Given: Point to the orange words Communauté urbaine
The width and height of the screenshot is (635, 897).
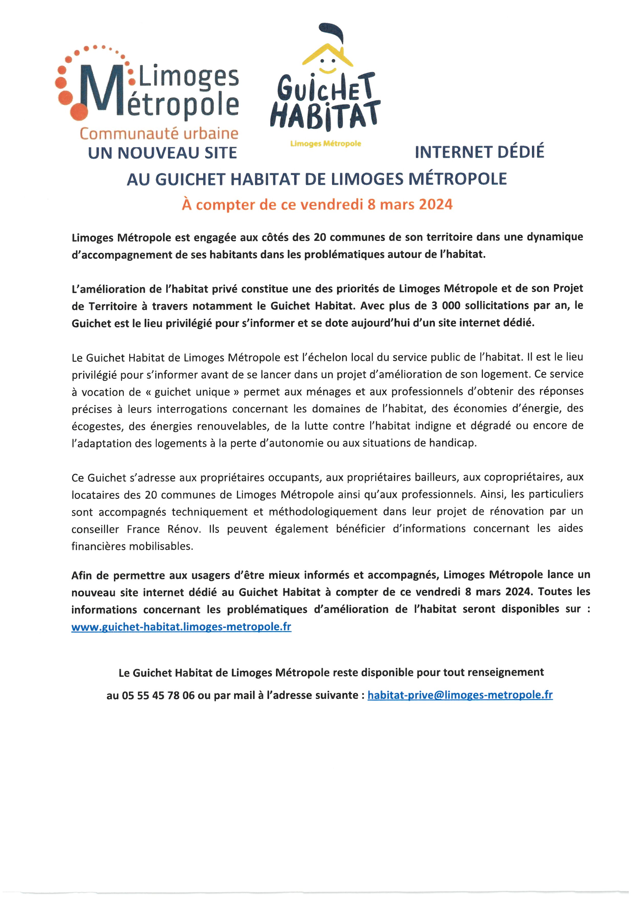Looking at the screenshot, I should [159, 134].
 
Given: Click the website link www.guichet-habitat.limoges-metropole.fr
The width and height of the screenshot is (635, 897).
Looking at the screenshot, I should [181, 627].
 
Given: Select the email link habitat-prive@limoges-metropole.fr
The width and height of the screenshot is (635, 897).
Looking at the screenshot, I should [460, 695].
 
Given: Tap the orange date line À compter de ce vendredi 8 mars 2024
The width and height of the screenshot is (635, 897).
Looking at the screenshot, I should [317, 204].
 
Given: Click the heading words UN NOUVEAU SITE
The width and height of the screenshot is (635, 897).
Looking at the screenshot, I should [162, 153].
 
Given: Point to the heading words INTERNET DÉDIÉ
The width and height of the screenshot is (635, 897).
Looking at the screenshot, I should [479, 152].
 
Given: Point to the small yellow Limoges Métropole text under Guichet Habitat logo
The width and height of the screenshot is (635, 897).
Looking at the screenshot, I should [325, 144].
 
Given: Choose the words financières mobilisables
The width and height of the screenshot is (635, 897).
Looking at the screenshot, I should [132, 546].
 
